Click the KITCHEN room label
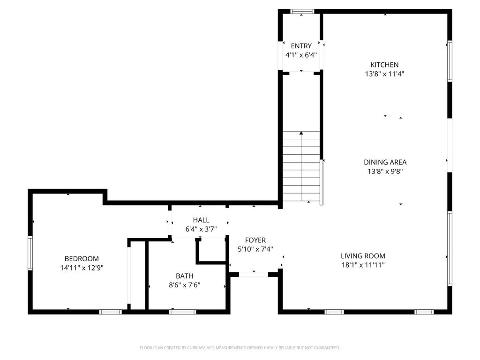(384, 65)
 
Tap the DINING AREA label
(385, 162)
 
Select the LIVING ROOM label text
(363, 256)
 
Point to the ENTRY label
(301, 46)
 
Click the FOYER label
(255, 240)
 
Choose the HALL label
(201, 220)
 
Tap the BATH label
(185, 276)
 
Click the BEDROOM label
(82, 259)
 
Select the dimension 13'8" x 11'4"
(385, 74)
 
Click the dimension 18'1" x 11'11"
(363, 265)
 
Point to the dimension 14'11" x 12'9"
(82, 268)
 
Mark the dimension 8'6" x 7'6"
(185, 285)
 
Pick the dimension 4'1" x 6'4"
(301, 55)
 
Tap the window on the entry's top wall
(302, 12)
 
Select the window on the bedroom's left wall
(30, 253)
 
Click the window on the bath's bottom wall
(182, 312)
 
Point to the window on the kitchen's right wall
(450, 61)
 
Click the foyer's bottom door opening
(254, 275)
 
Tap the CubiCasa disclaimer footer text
(240, 348)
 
